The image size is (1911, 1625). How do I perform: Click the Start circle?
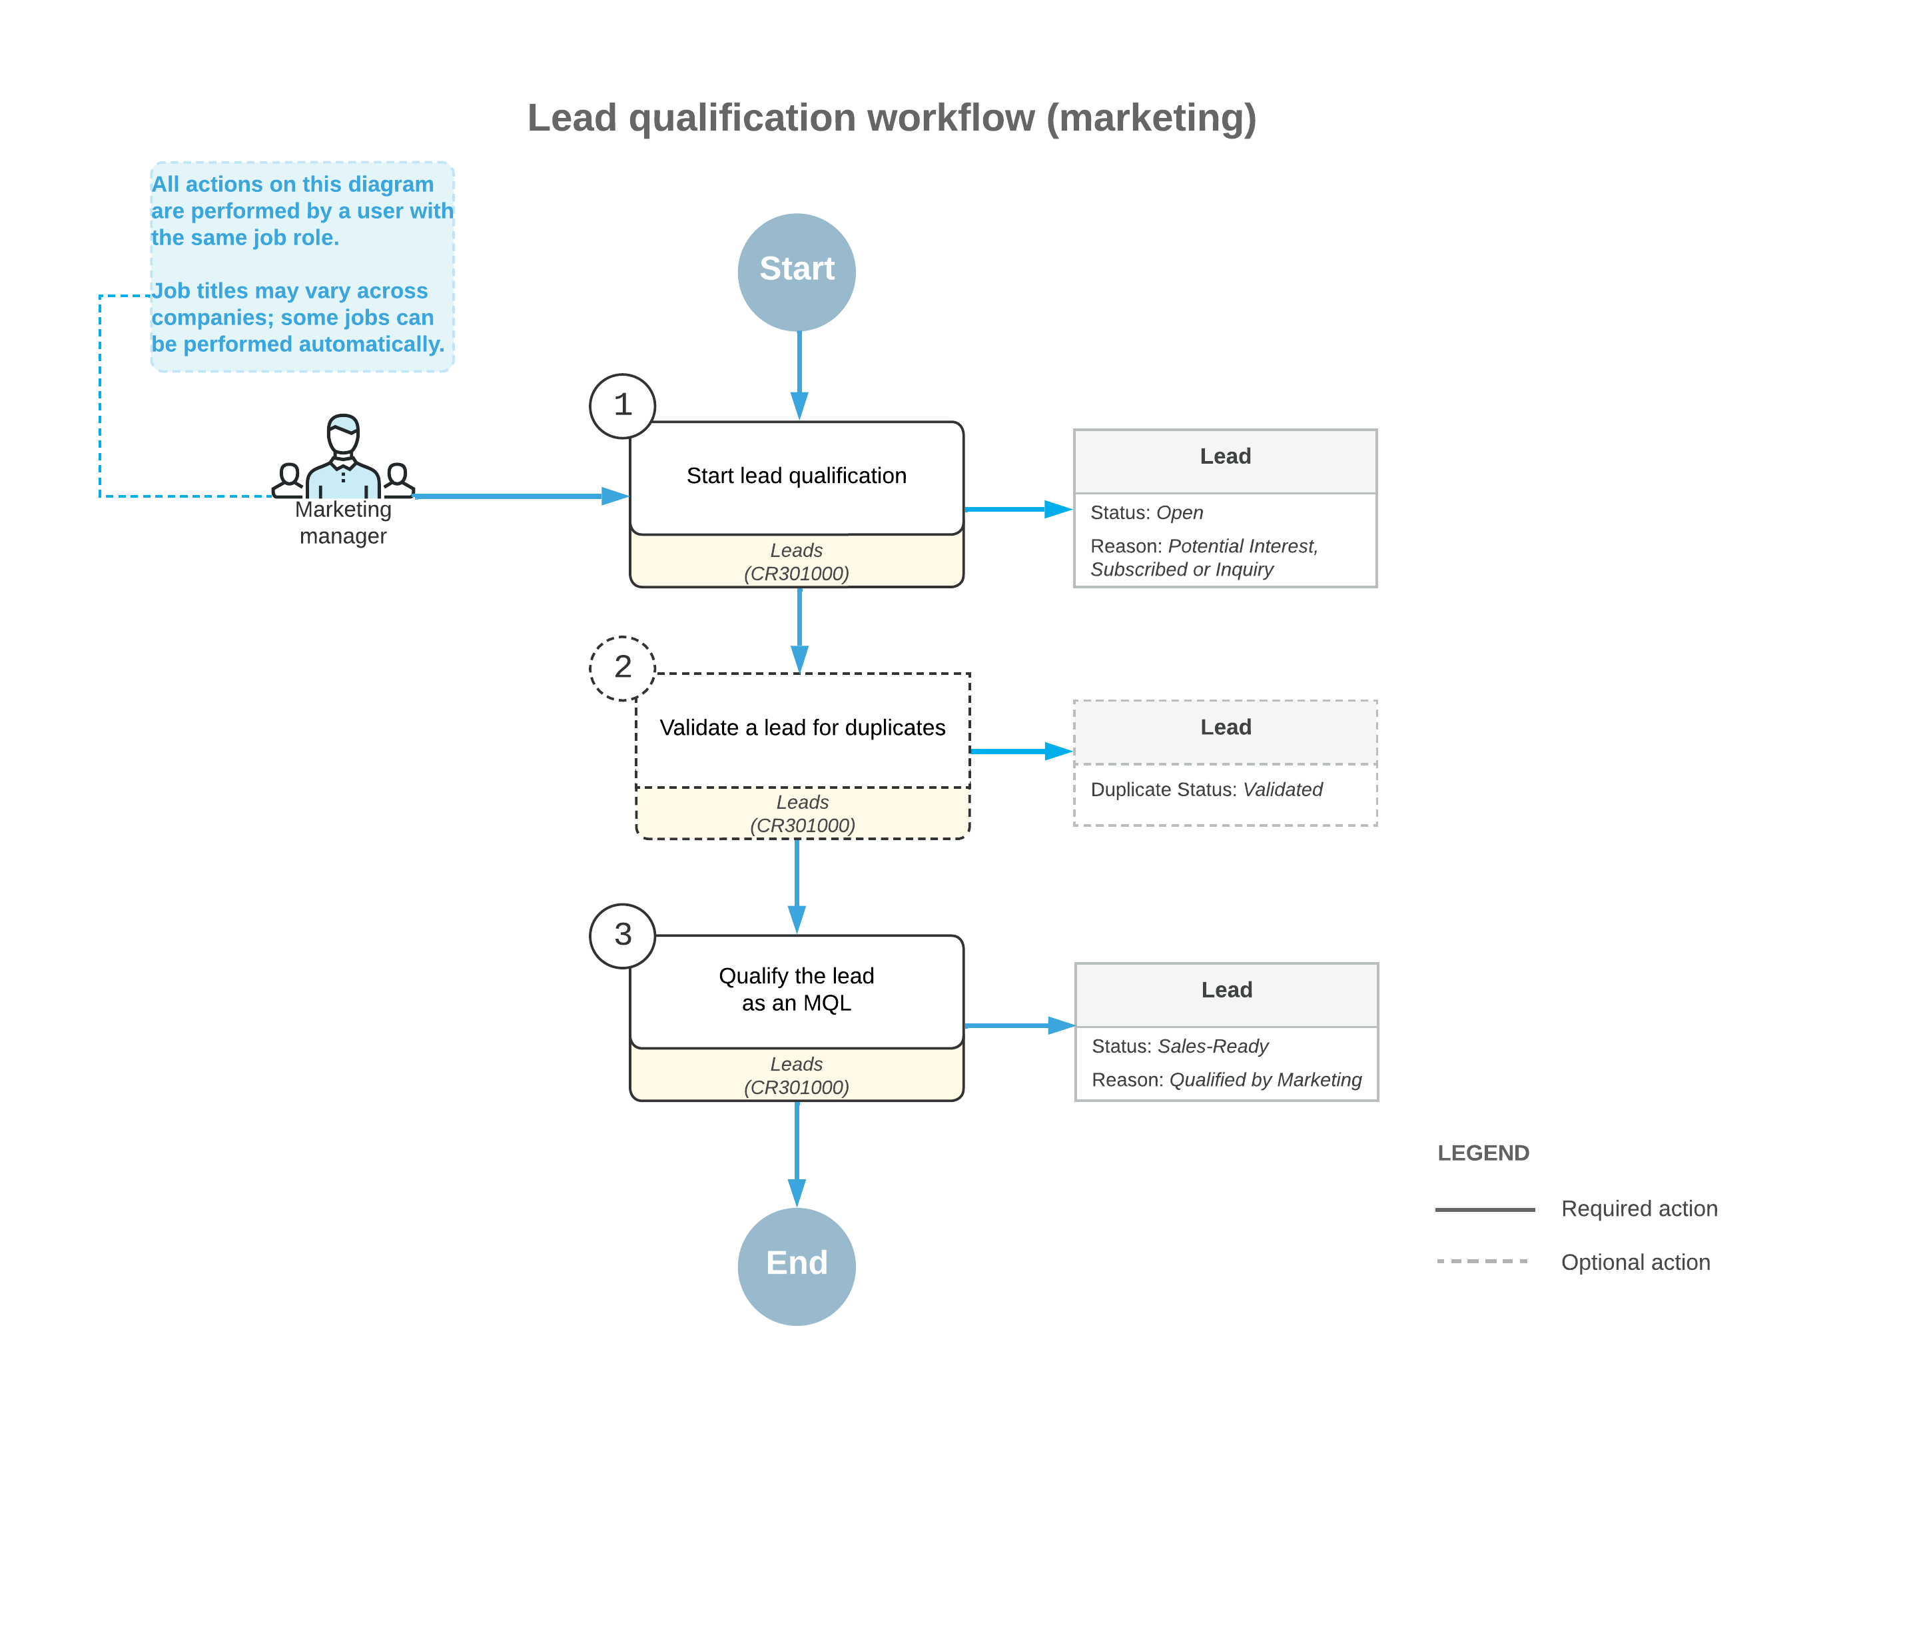[x=796, y=272]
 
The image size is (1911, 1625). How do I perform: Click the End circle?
[x=796, y=1266]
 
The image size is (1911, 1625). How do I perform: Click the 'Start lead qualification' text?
[x=796, y=475]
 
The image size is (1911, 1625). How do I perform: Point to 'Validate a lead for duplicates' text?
[x=801, y=727]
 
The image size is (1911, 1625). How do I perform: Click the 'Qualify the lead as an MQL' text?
[x=796, y=989]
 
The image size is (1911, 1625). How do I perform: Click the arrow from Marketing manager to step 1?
[x=516, y=496]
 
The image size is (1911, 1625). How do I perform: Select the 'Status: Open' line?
[x=1146, y=512]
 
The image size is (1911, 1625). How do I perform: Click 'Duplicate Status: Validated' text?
[x=1206, y=790]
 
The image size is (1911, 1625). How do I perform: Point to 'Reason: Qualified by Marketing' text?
[x=1226, y=1079]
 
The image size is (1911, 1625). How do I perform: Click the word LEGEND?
[x=1482, y=1153]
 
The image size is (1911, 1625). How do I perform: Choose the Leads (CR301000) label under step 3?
[x=796, y=1075]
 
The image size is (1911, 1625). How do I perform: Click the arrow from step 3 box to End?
[x=796, y=1151]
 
